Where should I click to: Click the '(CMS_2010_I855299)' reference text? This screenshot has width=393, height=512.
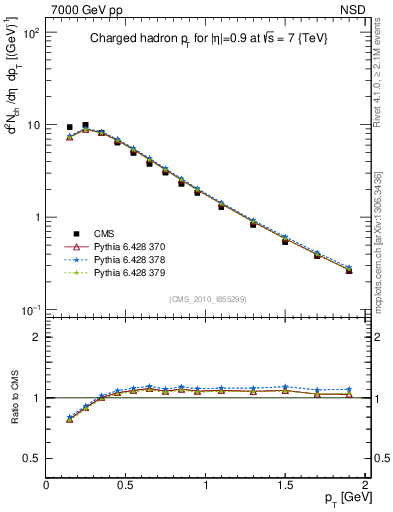(205, 299)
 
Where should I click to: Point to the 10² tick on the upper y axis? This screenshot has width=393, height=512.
(31, 33)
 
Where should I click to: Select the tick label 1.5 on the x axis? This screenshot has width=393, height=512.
(284, 484)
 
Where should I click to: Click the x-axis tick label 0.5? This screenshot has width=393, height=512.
(126, 484)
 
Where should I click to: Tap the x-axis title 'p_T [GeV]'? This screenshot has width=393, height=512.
(341, 498)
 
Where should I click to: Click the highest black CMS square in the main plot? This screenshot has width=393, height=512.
(85, 125)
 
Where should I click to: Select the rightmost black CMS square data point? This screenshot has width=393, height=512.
(349, 270)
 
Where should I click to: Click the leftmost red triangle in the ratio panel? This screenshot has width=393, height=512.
(69, 420)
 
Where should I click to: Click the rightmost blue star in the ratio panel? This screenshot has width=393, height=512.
(349, 389)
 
